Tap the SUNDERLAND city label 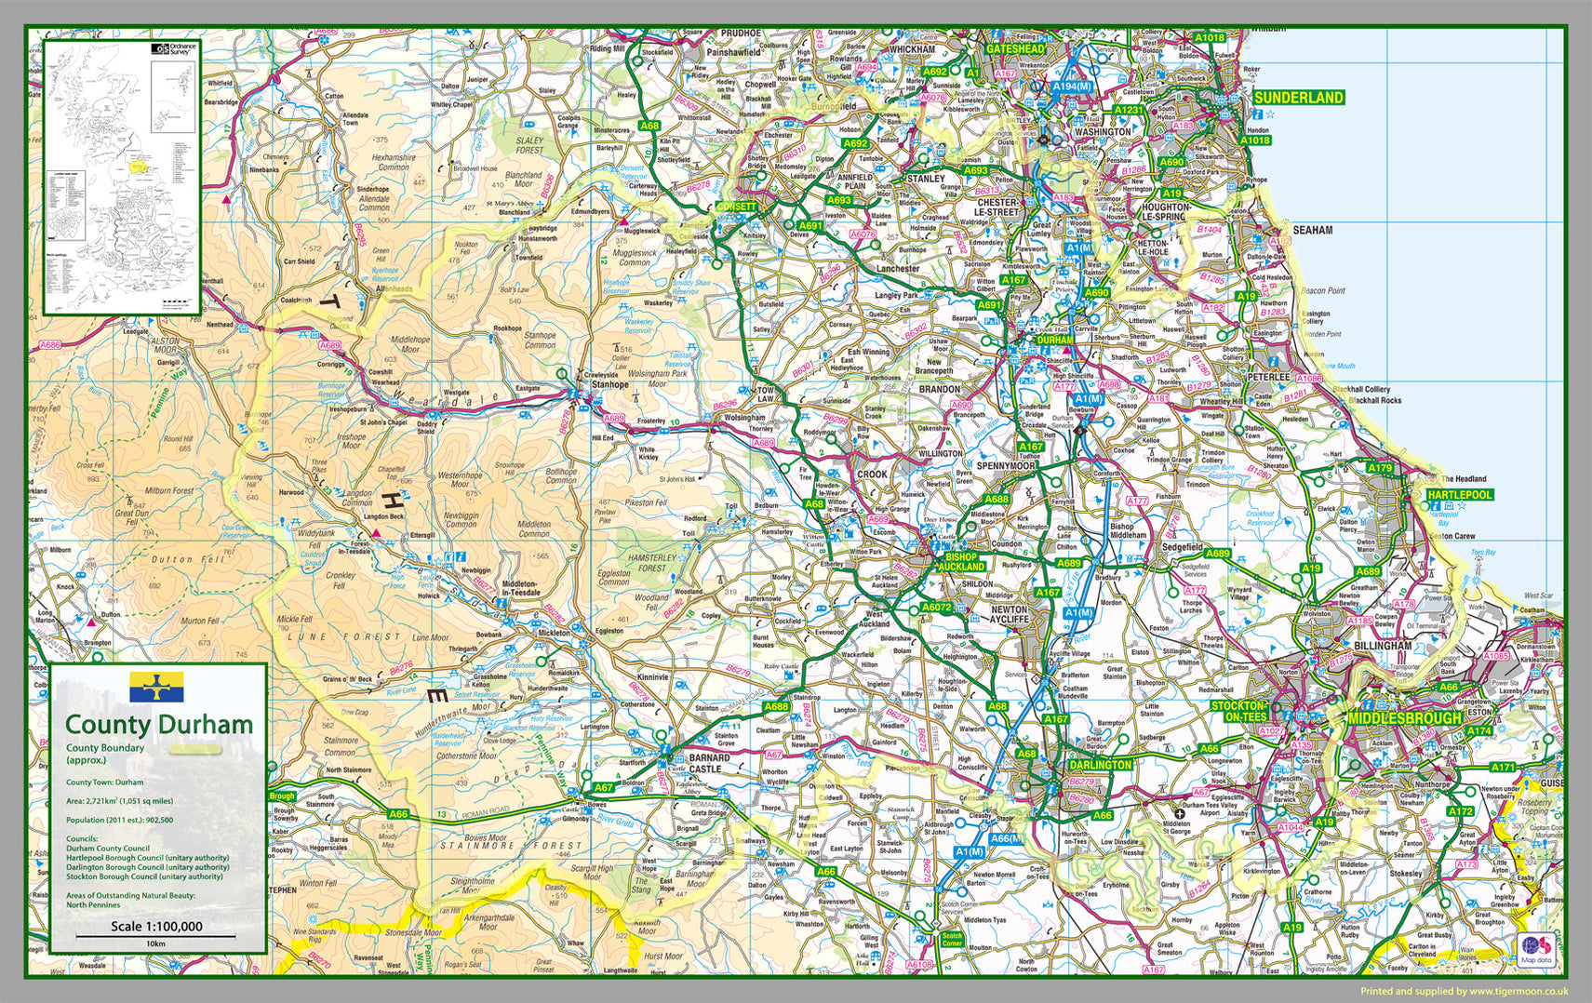pos(1298,98)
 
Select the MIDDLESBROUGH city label pos(1381,718)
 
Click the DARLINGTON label pos(1100,765)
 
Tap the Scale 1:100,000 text pos(156,926)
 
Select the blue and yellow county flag pos(156,687)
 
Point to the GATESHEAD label pos(1016,47)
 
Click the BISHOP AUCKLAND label pos(960,561)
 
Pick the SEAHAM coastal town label pos(1312,230)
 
